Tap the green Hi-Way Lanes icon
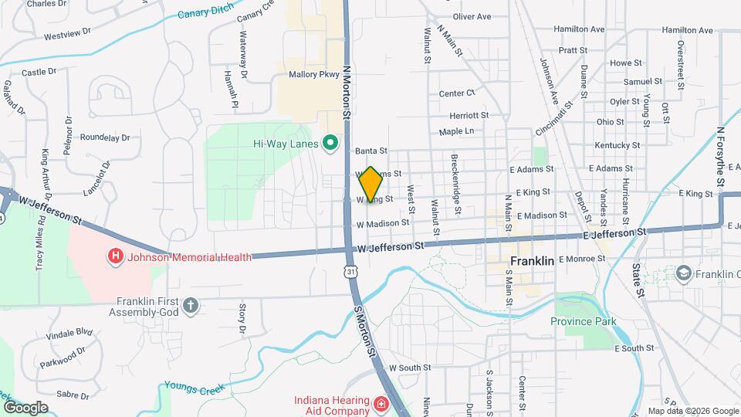(x=330, y=144)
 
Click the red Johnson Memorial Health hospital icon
(x=116, y=256)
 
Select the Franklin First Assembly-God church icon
(x=191, y=307)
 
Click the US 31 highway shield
(x=351, y=273)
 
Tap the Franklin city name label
(x=533, y=261)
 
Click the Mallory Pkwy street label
(x=313, y=75)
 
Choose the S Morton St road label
(x=364, y=330)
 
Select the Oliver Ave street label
(x=472, y=16)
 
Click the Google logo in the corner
(x=25, y=408)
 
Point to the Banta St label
(x=371, y=151)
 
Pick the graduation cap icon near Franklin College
(x=682, y=274)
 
